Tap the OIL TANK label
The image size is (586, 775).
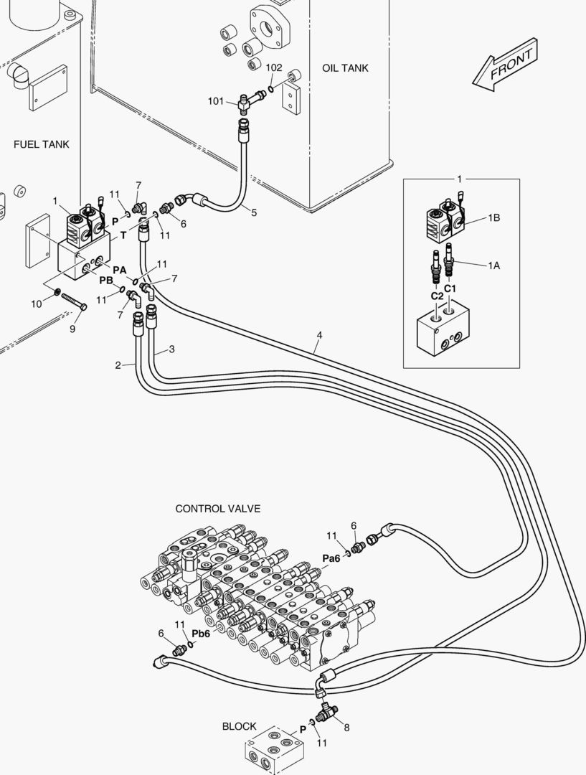tap(345, 68)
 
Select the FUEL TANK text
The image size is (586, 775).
tap(42, 144)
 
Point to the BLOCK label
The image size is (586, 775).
tap(239, 726)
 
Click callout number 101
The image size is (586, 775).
tap(216, 101)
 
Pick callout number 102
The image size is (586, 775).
tap(274, 67)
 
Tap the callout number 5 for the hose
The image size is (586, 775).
tap(253, 212)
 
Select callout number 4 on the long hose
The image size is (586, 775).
tap(319, 335)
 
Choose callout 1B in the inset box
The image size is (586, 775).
tap(494, 218)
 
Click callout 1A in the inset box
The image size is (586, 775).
tap(493, 266)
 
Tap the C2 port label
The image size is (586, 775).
tap(437, 296)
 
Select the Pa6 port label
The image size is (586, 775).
tap(331, 560)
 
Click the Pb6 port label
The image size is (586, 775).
tap(201, 634)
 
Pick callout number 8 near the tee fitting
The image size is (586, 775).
tap(347, 728)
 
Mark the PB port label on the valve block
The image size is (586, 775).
tap(106, 280)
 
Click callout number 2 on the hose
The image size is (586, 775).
tap(118, 366)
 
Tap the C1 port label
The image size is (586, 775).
tap(450, 288)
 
